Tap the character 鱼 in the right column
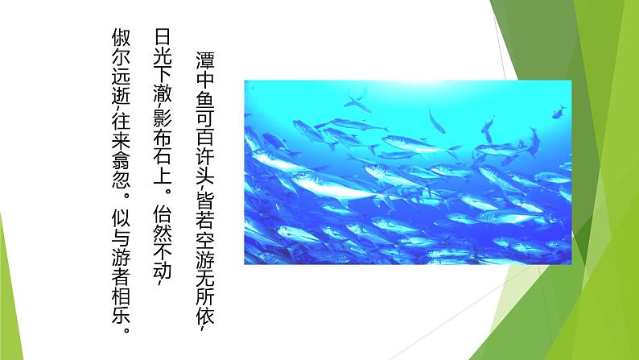coord(203,99)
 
